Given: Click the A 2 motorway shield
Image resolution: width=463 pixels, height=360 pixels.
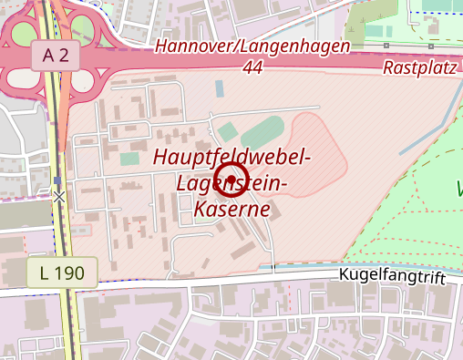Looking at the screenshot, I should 55,56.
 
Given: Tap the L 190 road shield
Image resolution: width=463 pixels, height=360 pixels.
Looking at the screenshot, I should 61,272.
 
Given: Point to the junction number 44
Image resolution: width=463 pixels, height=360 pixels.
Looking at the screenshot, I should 254,67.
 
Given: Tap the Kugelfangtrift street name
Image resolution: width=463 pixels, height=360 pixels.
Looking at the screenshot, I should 396,275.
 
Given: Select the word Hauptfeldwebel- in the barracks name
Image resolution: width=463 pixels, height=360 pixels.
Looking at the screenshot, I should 232,157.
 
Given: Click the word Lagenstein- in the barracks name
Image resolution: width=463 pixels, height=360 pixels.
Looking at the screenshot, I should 232,183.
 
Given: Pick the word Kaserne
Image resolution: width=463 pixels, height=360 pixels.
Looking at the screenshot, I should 232,209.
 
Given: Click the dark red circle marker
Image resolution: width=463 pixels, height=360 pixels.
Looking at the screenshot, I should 231,179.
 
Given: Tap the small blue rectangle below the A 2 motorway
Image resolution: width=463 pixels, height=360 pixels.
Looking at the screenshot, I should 220,89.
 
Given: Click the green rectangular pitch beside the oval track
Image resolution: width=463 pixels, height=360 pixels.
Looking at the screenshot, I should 227,132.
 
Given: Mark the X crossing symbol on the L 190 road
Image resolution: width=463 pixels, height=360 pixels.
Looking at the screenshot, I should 59,196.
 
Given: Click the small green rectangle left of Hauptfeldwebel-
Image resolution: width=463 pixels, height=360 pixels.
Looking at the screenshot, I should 129,159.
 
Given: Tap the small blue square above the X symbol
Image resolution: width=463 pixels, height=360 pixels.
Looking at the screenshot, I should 58,180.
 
